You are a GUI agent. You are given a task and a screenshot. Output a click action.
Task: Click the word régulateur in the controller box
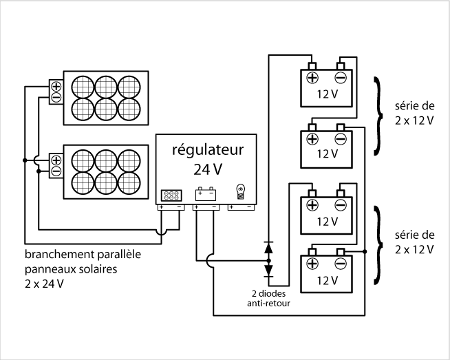coord(206,149)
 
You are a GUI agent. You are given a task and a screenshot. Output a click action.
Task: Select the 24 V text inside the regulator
coord(206,169)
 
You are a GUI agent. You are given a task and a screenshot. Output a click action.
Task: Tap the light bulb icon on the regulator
coord(240,192)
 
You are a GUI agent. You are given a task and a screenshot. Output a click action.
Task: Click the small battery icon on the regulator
coord(206,193)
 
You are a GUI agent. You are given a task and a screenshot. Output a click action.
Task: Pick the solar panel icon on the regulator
coord(171,194)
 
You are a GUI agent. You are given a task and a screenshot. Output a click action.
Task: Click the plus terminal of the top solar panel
coord(56,87)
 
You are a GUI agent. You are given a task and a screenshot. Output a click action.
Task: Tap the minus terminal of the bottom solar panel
coord(56,171)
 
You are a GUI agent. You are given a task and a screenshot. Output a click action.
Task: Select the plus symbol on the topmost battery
coord(312,78)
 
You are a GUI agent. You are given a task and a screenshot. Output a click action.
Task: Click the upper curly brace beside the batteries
coord(378,116)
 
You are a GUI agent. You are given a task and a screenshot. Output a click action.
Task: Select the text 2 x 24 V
coord(42,283)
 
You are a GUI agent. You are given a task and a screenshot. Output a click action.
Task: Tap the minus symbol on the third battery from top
coord(340,205)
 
